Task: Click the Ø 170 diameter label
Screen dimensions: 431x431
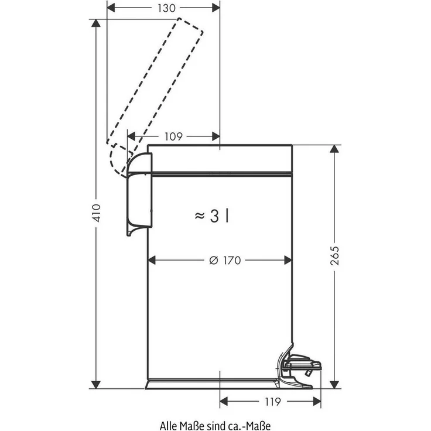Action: [225, 261]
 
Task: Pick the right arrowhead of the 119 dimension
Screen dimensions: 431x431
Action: [319, 402]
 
